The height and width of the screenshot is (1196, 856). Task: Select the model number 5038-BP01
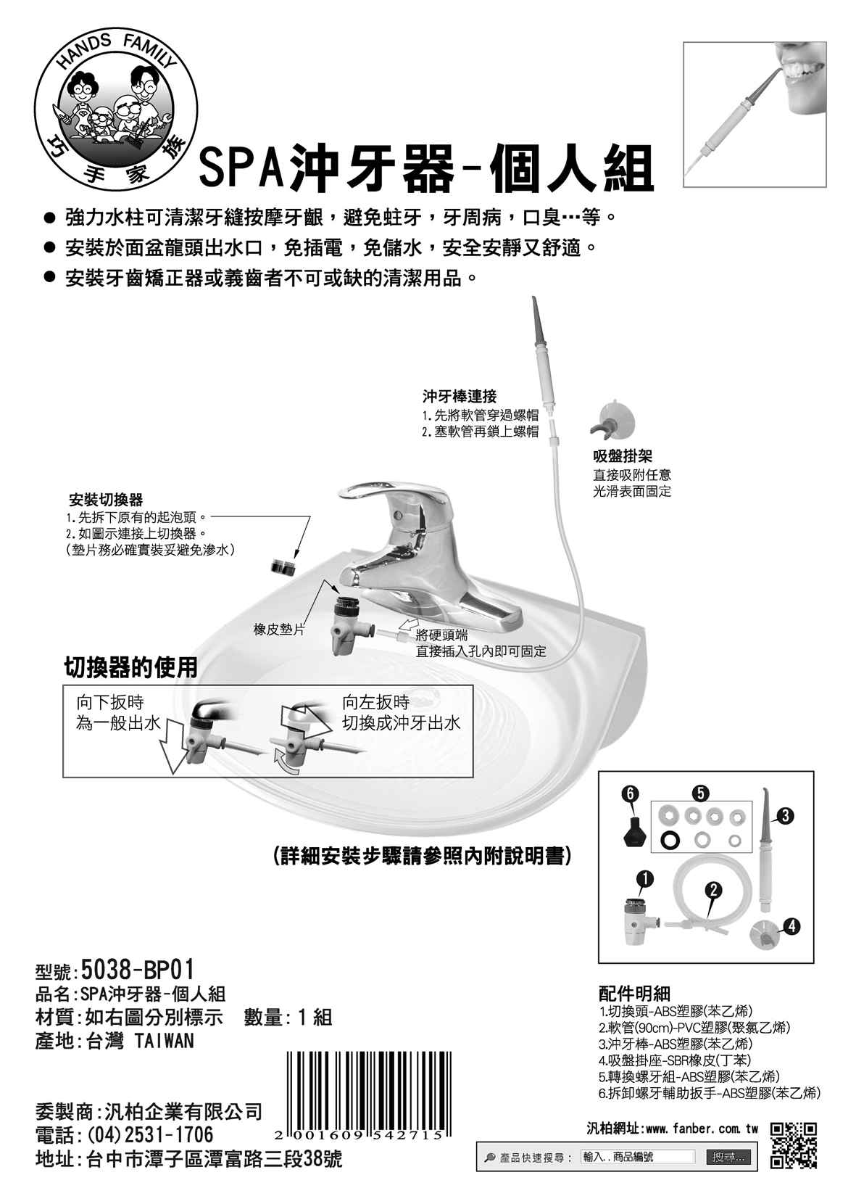[x=138, y=968]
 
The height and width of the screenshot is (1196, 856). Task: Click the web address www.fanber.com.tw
[x=702, y=1129]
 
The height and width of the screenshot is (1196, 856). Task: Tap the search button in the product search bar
[x=728, y=1157]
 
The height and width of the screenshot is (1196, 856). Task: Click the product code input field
[x=638, y=1157]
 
